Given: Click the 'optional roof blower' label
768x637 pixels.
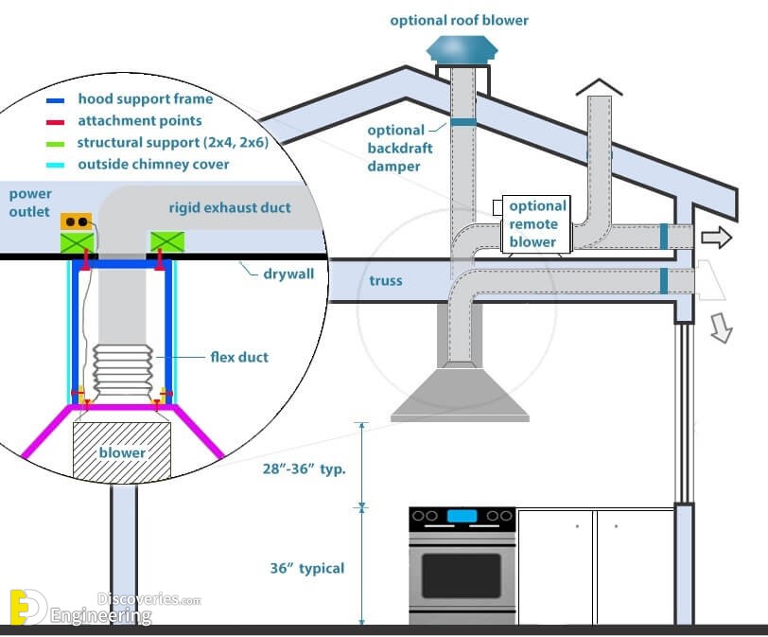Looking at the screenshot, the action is (459, 21).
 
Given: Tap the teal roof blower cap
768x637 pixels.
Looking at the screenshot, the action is (462, 50).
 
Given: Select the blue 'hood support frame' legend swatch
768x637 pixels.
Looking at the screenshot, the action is (56, 101).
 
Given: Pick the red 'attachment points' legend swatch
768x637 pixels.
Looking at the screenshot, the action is (56, 122).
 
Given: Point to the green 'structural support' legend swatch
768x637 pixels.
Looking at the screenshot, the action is (56, 144).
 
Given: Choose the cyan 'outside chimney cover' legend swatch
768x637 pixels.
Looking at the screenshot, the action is (56, 165).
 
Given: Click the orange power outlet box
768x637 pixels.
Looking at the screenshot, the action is (77, 221).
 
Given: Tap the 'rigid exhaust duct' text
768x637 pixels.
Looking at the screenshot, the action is (230, 208).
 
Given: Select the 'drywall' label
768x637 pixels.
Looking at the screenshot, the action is (288, 274).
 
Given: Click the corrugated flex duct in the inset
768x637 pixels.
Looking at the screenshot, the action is (122, 370).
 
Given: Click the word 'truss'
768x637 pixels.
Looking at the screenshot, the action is (386, 281).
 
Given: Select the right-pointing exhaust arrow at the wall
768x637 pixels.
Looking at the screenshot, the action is (717, 238).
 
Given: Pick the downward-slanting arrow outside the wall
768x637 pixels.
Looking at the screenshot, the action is (722, 327).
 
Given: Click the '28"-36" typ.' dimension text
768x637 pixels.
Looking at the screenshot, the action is (305, 469).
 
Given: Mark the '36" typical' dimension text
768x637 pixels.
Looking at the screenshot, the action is (307, 569).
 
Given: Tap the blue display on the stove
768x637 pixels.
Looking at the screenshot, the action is (462, 516).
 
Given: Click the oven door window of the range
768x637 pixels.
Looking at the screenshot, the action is (462, 575).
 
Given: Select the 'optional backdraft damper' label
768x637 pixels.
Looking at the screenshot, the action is (400, 148).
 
